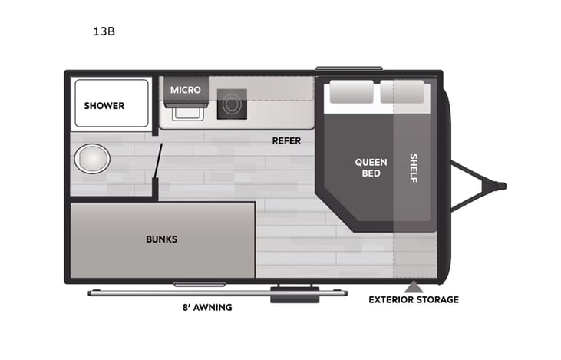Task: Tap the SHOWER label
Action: pyautogui.click(x=104, y=106)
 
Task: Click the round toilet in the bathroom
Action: pyautogui.click(x=92, y=160)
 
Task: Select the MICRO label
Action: pyautogui.click(x=185, y=90)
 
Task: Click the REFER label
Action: pyautogui.click(x=286, y=140)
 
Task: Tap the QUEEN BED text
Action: pyautogui.click(x=371, y=167)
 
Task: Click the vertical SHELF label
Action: pyautogui.click(x=414, y=168)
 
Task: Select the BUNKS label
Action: pyautogui.click(x=161, y=239)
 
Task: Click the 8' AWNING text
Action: pyautogui.click(x=207, y=307)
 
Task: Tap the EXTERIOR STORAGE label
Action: pyautogui.click(x=413, y=299)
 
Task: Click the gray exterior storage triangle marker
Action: pyautogui.click(x=414, y=286)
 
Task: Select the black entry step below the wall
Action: pyautogui.click(x=295, y=295)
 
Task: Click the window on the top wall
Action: pyautogui.click(x=348, y=68)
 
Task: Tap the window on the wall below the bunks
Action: pyautogui.click(x=199, y=285)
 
